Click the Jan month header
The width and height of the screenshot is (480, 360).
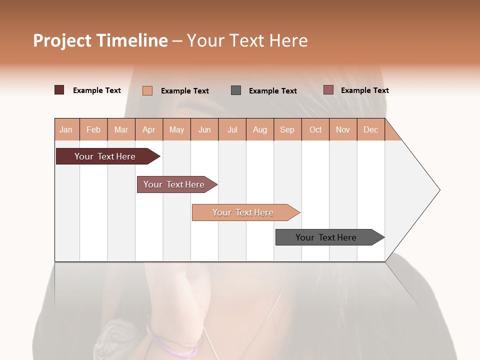(66, 129)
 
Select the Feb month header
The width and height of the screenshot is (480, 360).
(93, 129)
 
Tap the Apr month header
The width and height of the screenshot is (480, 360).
(149, 129)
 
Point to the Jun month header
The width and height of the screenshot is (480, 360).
(204, 129)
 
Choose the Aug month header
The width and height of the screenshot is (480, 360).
(260, 129)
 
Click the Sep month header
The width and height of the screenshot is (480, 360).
(287, 129)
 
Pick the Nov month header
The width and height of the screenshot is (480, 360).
(343, 129)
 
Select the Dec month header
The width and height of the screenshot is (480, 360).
(370, 129)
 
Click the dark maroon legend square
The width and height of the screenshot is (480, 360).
(59, 90)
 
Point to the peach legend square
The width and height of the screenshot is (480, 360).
(147, 90)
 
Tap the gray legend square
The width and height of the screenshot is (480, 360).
(236, 90)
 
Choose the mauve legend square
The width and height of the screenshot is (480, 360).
(328, 90)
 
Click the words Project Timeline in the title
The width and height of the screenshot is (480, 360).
(100, 40)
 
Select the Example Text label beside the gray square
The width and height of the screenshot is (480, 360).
(273, 90)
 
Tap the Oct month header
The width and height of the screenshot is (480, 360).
(315, 129)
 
